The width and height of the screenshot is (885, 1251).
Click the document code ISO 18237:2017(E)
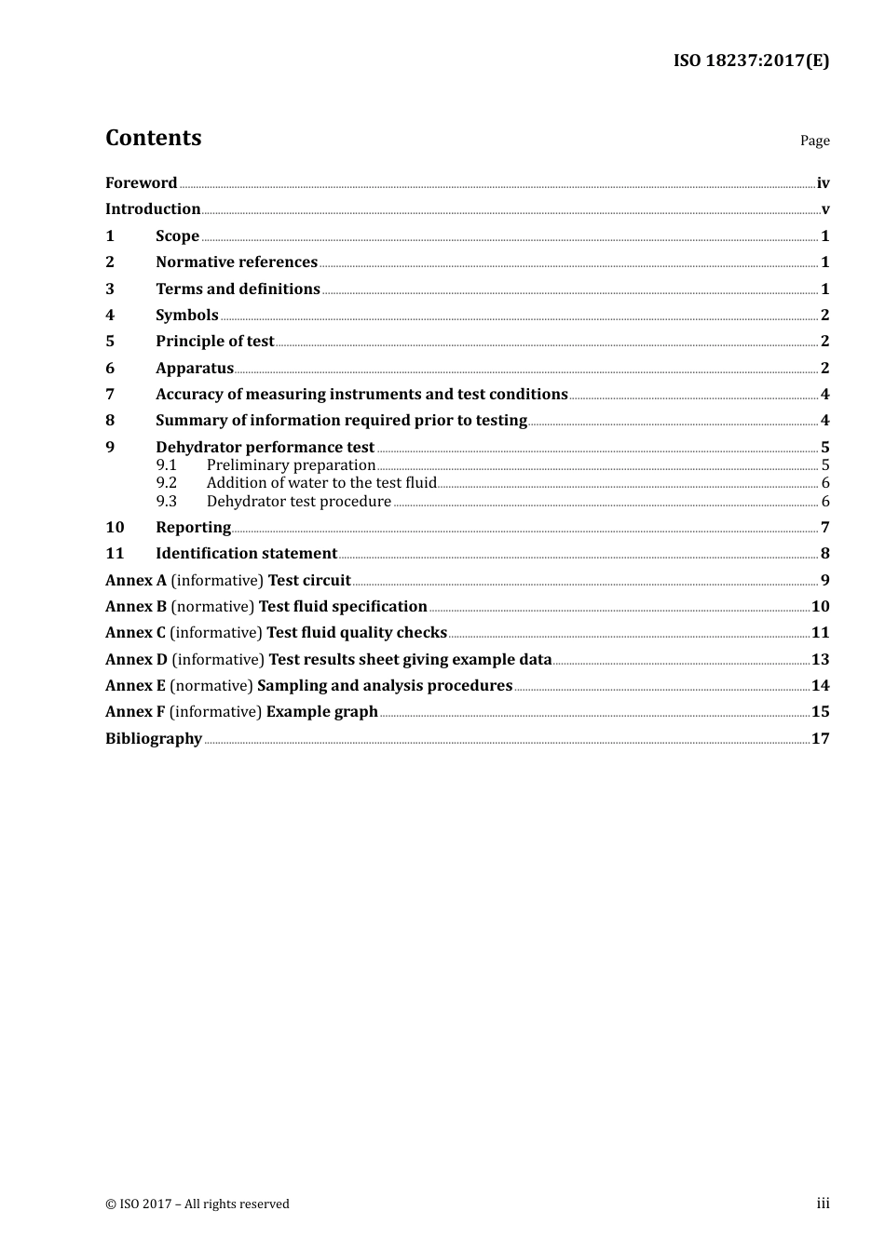click(751, 61)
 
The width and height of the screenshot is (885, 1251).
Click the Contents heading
click(153, 138)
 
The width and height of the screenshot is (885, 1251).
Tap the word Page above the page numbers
click(814, 141)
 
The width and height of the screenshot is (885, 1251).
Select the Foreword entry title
click(141, 183)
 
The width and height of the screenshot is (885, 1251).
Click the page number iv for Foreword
click(823, 183)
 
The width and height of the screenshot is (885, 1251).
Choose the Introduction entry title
click(153, 209)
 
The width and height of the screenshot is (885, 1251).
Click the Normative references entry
click(237, 262)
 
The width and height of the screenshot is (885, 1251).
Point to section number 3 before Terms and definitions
click(110, 289)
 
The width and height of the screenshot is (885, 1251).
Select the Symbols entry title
click(187, 316)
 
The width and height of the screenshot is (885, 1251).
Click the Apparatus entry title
click(195, 369)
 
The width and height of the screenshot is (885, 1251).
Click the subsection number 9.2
click(167, 483)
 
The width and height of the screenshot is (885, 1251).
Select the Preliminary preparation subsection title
click(291, 465)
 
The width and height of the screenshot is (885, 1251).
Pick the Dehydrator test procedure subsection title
click(299, 502)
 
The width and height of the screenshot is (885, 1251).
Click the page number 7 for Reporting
click(824, 528)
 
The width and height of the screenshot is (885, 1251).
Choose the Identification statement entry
click(246, 554)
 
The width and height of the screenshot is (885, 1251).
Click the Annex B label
click(136, 607)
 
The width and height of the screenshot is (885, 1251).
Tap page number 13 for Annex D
click(820, 660)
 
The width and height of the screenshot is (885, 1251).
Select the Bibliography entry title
click(154, 739)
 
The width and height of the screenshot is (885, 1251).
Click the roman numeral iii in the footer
click(823, 1204)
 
